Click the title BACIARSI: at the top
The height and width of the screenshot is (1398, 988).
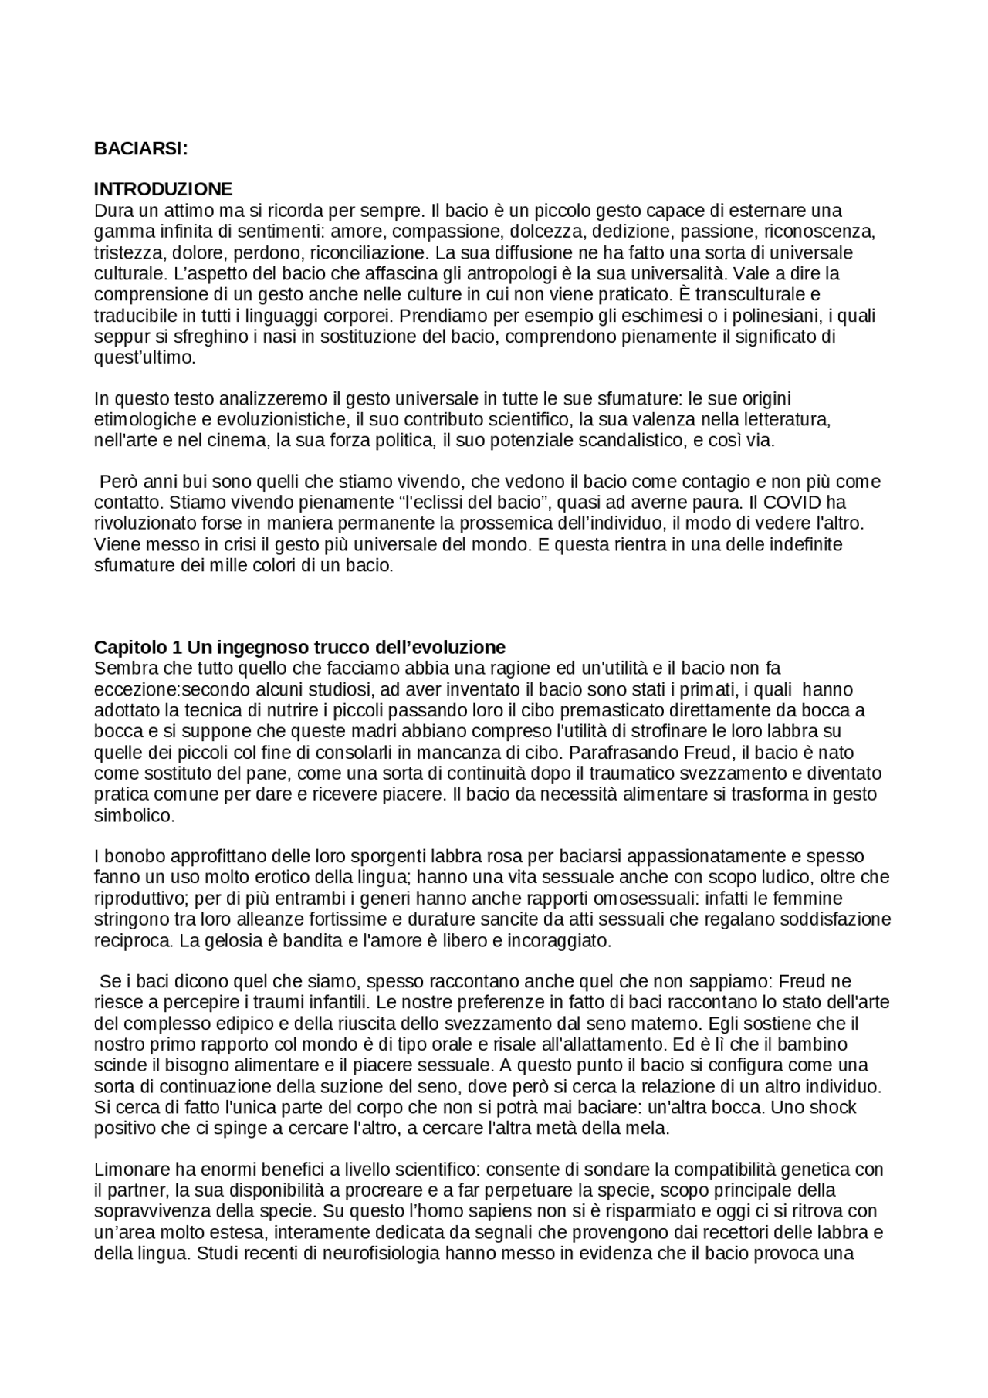pyautogui.click(x=140, y=149)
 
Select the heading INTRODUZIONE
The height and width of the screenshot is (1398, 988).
pyautogui.click(x=163, y=189)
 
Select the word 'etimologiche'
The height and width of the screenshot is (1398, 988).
pyautogui.click(x=140, y=420)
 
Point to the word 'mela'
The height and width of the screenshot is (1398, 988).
pyautogui.click(x=648, y=1128)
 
